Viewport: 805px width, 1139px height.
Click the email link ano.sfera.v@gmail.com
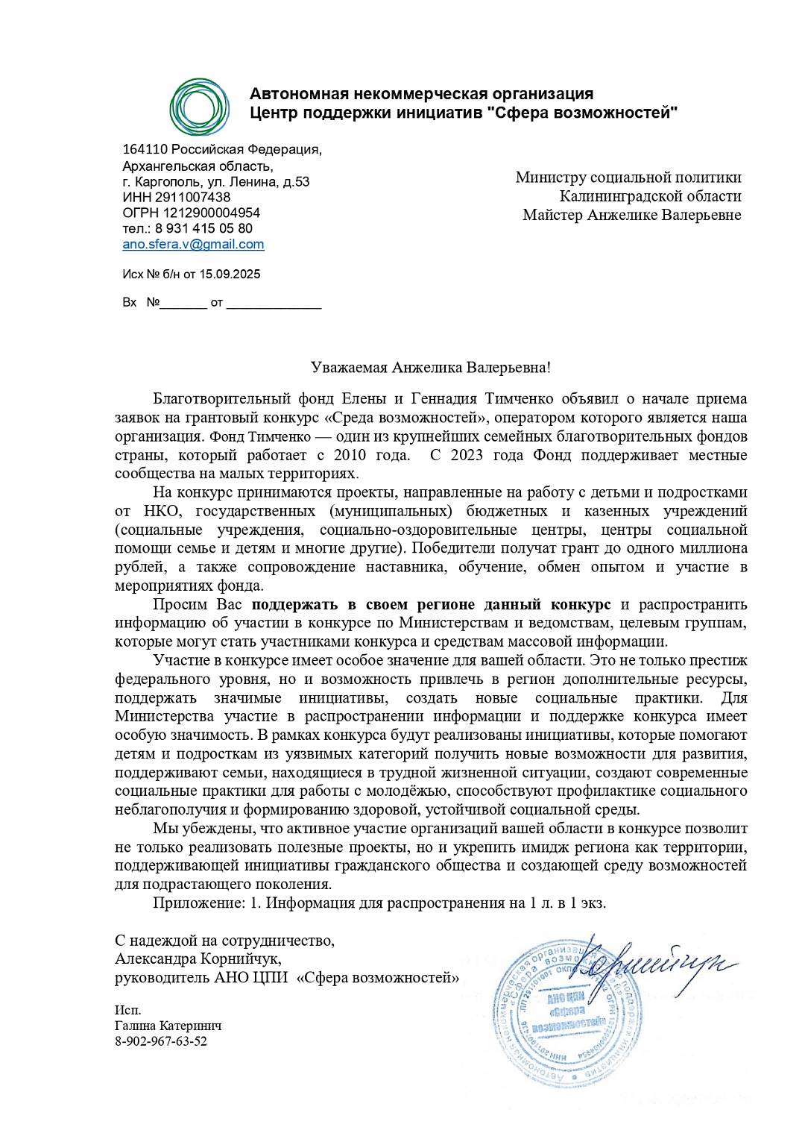193,244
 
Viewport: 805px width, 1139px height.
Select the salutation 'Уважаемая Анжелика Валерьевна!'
431,367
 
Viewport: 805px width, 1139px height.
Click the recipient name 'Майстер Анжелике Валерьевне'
631,215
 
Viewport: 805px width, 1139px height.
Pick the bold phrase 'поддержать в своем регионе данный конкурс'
431,604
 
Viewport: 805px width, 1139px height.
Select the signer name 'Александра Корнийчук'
198,958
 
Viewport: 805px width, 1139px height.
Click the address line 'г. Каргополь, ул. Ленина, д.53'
215,181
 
